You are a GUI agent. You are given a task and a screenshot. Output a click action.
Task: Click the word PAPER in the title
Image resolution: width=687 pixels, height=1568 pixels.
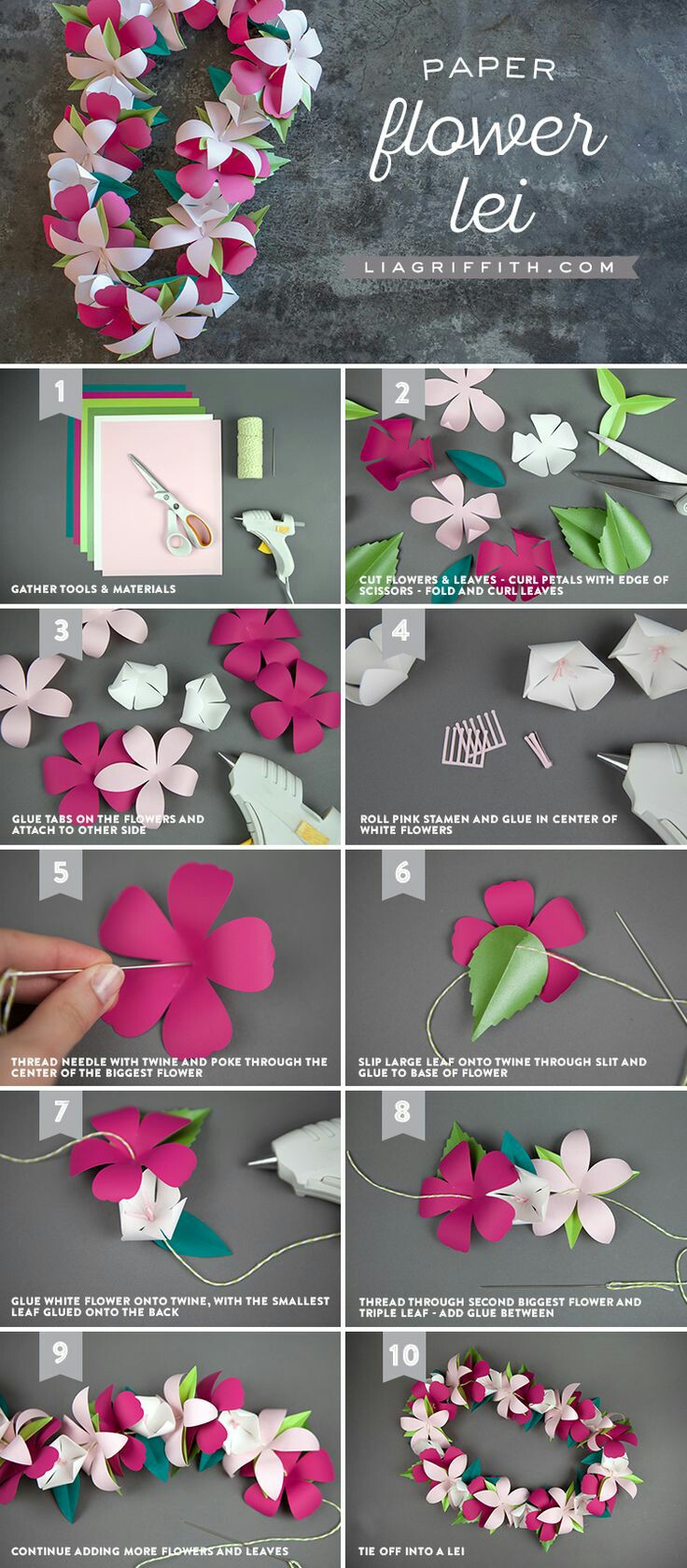489,70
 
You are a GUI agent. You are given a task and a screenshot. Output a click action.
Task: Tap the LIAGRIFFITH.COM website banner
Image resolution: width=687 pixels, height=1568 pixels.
490,267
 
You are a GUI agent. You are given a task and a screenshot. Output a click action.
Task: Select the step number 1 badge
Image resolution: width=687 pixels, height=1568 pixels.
60,392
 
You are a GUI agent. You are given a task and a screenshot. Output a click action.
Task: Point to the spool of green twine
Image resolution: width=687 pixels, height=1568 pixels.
250,447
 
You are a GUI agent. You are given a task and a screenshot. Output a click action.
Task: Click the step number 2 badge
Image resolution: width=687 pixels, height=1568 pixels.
402,392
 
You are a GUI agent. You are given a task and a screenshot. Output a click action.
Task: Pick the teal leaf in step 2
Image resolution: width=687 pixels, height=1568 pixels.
475,468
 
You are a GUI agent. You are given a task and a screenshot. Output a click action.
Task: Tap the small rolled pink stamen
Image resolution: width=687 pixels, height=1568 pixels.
538,749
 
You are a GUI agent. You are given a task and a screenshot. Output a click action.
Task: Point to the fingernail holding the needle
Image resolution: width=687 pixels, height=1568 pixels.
107,982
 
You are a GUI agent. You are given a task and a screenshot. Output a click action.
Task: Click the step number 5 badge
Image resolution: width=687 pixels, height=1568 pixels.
60,873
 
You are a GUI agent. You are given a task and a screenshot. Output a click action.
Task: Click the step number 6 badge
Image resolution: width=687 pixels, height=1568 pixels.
402,873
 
